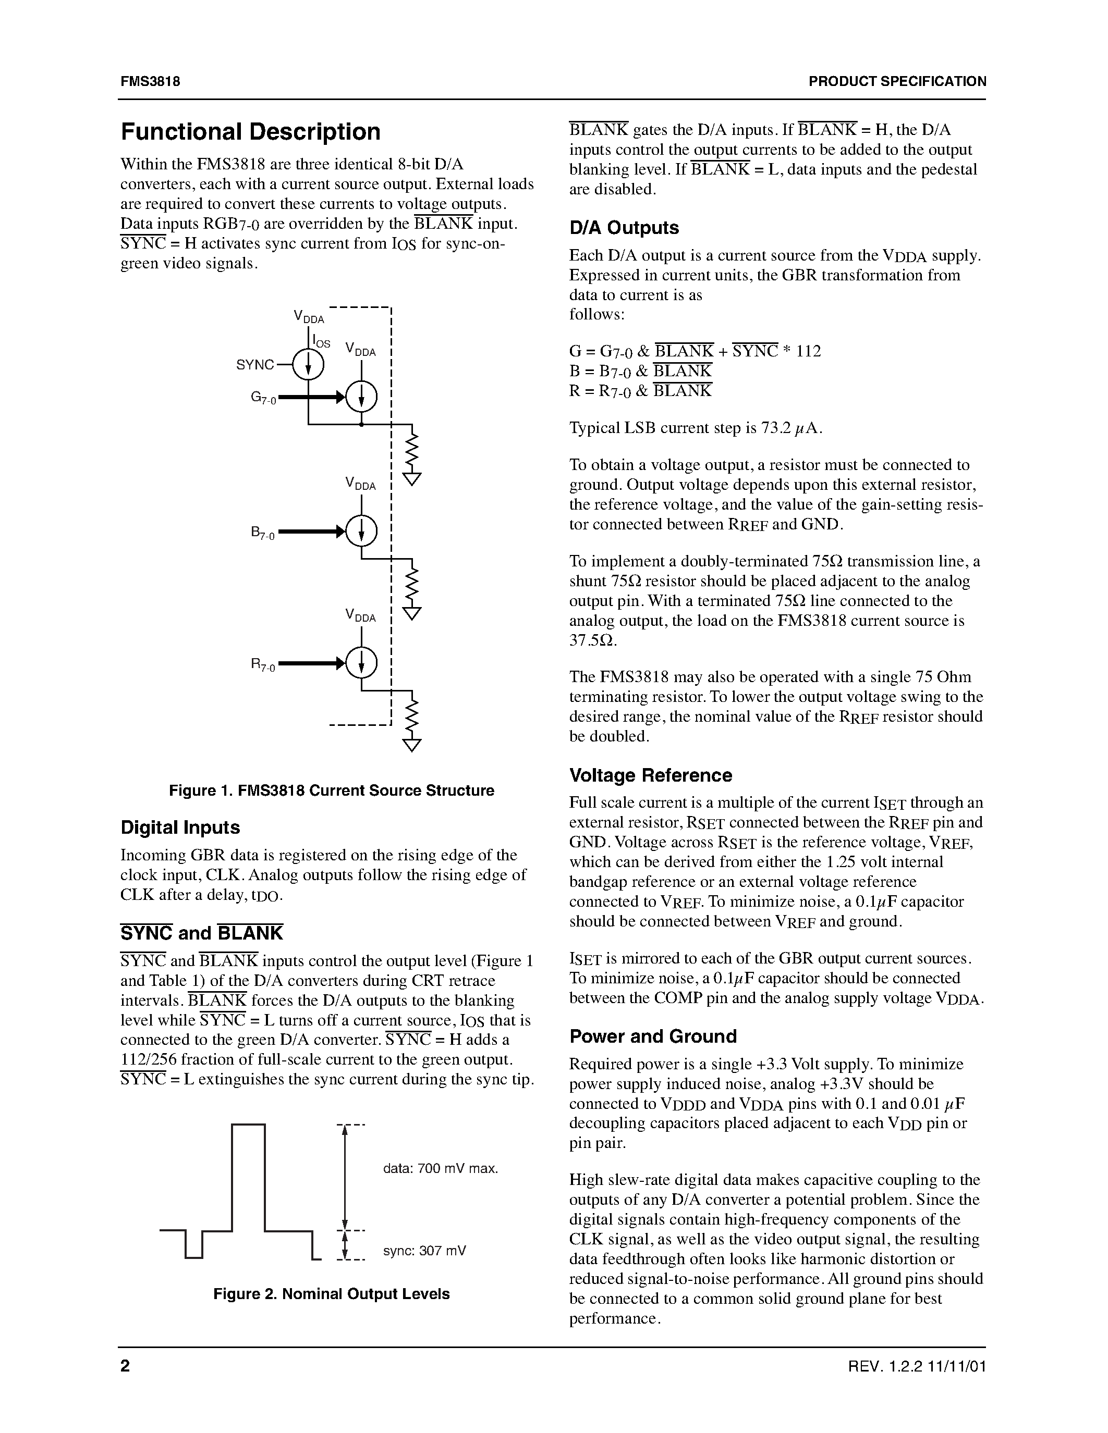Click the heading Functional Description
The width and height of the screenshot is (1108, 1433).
(x=250, y=132)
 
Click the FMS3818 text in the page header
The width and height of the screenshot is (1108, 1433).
(x=150, y=81)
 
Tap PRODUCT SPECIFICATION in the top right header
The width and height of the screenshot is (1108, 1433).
(x=897, y=81)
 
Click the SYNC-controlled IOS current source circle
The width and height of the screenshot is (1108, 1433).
(x=308, y=365)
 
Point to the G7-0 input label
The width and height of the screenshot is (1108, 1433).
(x=263, y=398)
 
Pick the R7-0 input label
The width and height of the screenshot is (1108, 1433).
(x=263, y=665)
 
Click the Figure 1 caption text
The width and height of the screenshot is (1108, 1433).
(x=332, y=790)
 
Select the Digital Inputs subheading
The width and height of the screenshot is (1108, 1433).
(x=180, y=828)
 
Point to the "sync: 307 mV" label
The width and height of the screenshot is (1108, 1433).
(x=424, y=1251)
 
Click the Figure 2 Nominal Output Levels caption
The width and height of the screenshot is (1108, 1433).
(x=332, y=1294)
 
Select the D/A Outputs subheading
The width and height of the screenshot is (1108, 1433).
(x=624, y=228)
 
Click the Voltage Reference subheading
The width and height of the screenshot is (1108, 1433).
(x=650, y=775)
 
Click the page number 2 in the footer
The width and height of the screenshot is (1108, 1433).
(x=125, y=1367)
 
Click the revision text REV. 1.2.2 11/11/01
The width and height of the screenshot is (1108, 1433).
(x=917, y=1367)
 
